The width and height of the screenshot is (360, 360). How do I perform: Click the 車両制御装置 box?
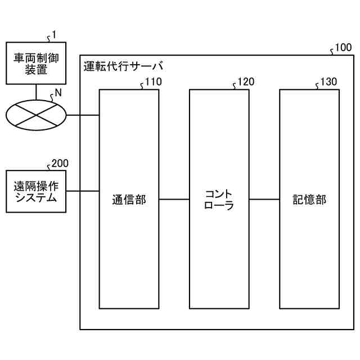(36, 63)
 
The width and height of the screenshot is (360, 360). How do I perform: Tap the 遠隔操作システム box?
(36, 191)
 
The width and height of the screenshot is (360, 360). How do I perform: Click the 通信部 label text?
(129, 199)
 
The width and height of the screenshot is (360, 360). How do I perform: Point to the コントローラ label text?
(219, 199)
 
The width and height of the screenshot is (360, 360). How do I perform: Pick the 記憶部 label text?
(309, 199)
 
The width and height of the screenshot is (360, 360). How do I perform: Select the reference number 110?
(153, 82)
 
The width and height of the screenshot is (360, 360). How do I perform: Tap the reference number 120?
(245, 82)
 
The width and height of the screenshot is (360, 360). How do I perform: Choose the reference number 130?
(328, 82)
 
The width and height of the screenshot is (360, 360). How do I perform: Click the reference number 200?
(60, 164)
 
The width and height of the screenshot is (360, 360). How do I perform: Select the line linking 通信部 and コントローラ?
(174, 199)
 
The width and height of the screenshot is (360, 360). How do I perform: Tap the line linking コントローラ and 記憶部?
(264, 199)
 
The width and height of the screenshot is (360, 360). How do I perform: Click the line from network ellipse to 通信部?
(83, 116)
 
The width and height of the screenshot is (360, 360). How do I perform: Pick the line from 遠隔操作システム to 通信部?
(83, 191)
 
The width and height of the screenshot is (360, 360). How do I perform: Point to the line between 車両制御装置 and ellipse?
(36, 92)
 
